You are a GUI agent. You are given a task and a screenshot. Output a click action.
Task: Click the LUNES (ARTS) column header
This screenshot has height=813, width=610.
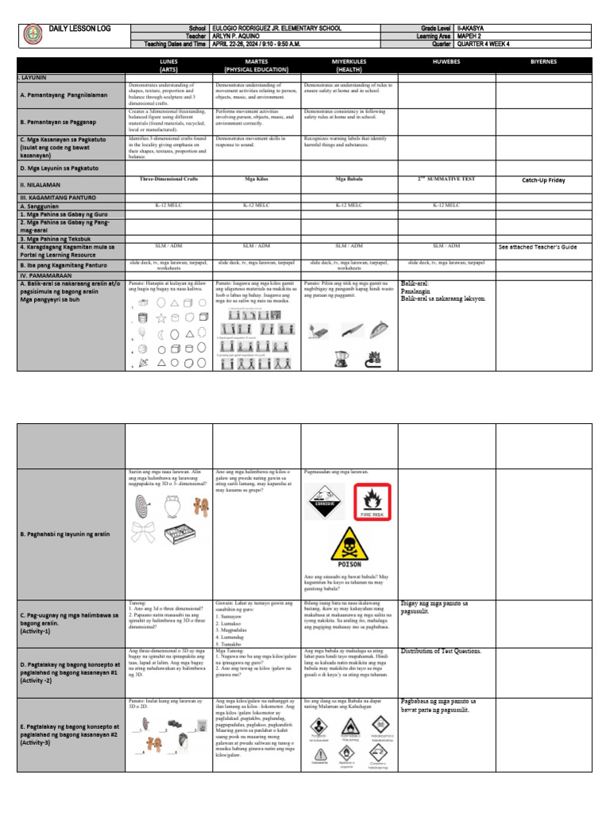click(169, 65)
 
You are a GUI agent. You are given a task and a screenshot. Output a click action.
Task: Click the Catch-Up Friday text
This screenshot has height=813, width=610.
click(543, 180)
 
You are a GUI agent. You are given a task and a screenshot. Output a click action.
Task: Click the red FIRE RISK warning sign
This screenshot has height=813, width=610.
click(373, 503)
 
